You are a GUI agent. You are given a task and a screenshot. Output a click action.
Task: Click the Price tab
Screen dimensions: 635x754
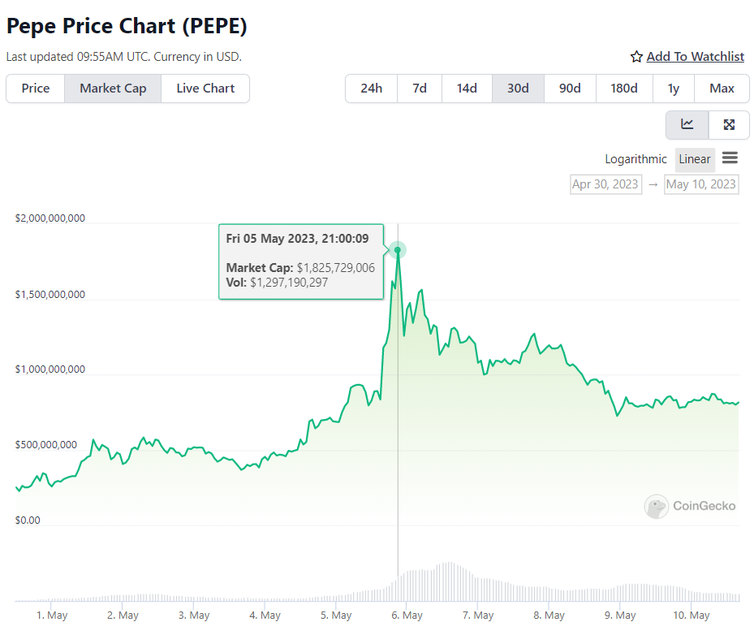click(x=36, y=89)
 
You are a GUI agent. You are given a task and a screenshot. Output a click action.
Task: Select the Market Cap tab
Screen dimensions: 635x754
click(x=113, y=89)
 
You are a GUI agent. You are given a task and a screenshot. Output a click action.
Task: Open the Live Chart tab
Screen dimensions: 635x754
click(x=205, y=89)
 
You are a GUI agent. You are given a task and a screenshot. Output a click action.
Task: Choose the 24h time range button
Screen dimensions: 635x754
click(x=371, y=89)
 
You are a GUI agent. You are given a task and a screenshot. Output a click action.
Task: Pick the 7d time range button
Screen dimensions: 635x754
click(x=420, y=89)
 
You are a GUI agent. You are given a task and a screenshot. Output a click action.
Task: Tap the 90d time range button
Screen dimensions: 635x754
click(x=570, y=89)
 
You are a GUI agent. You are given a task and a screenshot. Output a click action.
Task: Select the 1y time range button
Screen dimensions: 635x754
click(x=673, y=89)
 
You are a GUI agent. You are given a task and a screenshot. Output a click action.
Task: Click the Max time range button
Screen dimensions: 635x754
click(x=722, y=89)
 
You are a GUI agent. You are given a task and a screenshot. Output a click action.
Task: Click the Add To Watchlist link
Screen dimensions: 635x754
click(x=695, y=56)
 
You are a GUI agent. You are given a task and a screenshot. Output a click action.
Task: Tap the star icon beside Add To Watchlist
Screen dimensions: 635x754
click(x=636, y=57)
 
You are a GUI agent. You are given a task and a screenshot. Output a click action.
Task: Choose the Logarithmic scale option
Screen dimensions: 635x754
click(x=636, y=159)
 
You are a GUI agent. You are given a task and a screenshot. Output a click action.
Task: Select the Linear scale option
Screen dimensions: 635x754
click(x=695, y=159)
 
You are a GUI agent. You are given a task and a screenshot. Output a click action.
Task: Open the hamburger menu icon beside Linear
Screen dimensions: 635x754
click(x=730, y=158)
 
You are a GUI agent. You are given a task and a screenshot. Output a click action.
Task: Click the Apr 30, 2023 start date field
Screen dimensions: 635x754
click(x=605, y=184)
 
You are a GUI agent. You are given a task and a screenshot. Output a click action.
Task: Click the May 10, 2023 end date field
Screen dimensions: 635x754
click(x=700, y=184)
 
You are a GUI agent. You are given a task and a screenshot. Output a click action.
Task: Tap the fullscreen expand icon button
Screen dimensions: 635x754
click(x=729, y=124)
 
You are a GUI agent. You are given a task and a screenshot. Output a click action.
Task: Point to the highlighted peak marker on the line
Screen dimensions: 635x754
click(x=398, y=250)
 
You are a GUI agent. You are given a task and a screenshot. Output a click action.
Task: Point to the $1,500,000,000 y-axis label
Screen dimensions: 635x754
click(x=50, y=295)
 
